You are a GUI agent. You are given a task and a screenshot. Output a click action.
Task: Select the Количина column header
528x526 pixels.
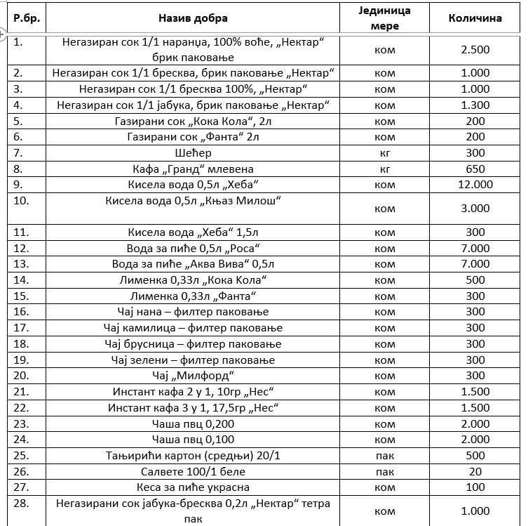click(x=475, y=18)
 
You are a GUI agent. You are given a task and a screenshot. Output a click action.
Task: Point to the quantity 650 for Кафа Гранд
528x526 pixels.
click(x=475, y=169)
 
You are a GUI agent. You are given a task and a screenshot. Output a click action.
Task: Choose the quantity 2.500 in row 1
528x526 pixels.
click(x=475, y=50)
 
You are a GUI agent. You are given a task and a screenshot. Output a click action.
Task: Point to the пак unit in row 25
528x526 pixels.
click(x=385, y=456)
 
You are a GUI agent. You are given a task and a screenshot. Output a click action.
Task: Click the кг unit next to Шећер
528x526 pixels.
click(x=385, y=152)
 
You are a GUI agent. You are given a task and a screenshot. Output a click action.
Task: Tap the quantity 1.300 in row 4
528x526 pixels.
click(x=475, y=105)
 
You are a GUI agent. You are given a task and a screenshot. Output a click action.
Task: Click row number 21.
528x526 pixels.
click(x=21, y=391)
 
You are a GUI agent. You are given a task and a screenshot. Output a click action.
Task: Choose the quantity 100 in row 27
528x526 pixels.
click(x=475, y=487)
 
